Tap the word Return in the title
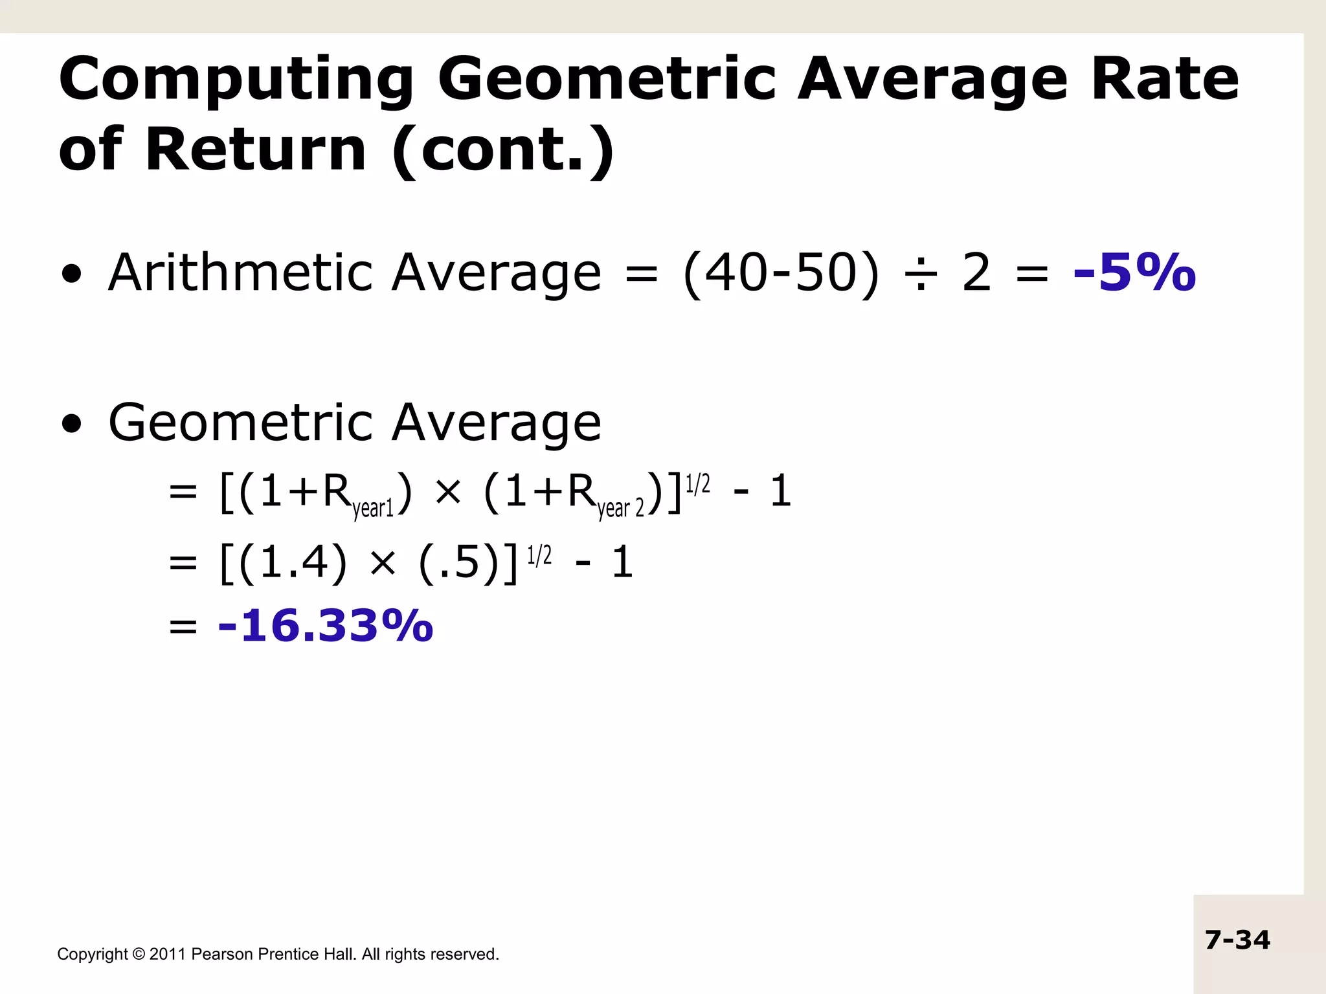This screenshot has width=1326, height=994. pos(256,149)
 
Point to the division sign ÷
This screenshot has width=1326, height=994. pos(920,274)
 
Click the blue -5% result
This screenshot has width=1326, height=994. pos(1134,272)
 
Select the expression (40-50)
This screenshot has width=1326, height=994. pos(781,274)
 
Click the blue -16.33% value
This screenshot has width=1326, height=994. pos(326,626)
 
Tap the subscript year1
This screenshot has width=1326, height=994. pos(373,509)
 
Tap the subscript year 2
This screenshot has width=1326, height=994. pos(620,509)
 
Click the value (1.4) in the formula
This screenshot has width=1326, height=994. pos(293,562)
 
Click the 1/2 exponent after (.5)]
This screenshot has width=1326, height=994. pos(539,555)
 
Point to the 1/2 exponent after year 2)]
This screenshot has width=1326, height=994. pos(697,484)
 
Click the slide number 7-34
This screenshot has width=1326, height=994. pos(1237,940)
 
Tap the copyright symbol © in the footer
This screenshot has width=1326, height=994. pos(139,954)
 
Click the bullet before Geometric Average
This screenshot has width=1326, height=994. pos(72,424)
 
